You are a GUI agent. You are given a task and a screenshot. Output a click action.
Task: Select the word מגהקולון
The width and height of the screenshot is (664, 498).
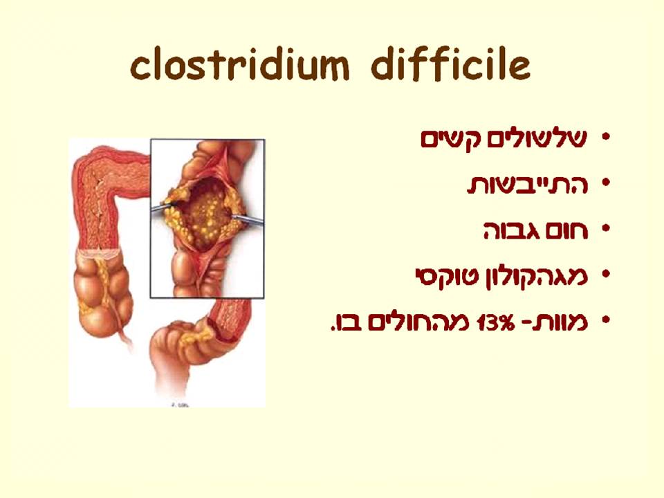[x=529, y=276]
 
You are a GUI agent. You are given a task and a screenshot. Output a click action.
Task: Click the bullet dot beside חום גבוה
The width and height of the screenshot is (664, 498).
[x=607, y=230]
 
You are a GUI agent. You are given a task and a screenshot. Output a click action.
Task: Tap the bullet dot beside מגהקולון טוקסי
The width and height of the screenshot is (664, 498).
[x=607, y=276]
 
